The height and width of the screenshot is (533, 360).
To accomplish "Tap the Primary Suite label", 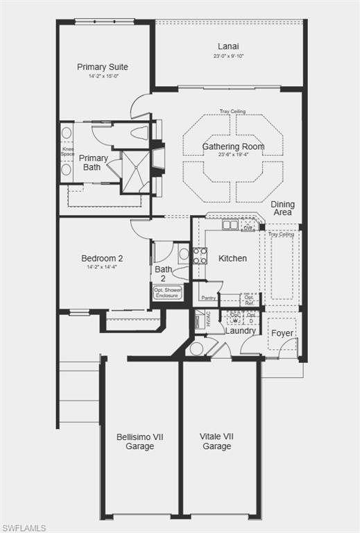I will pyautogui.click(x=103, y=67).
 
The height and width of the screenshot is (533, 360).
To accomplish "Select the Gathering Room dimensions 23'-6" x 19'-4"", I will pyautogui.click(x=233, y=155).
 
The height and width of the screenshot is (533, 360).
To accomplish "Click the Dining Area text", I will pyautogui.click(x=282, y=208).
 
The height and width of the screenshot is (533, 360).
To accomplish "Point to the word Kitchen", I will pyautogui.click(x=232, y=258).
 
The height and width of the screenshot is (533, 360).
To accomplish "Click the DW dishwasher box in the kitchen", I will pyautogui.click(x=248, y=226).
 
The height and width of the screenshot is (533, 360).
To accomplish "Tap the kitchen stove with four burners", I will pyautogui.click(x=200, y=255).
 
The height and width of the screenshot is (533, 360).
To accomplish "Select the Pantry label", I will pyautogui.click(x=209, y=298).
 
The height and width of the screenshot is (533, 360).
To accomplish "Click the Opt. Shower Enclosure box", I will pyautogui.click(x=167, y=292).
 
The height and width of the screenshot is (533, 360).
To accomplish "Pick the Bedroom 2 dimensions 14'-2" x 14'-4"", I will pyautogui.click(x=102, y=266).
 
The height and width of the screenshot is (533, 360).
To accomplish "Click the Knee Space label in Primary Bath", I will pyautogui.click(x=67, y=151).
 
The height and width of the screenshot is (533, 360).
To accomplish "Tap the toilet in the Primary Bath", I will pyautogui.click(x=139, y=133).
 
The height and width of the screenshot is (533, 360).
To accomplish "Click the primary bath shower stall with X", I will pyautogui.click(x=135, y=171).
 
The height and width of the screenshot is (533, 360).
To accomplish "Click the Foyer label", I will pyautogui.click(x=282, y=333).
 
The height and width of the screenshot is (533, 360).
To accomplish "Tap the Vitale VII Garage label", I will pyautogui.click(x=217, y=441).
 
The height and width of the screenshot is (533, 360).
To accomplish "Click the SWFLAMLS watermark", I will pyautogui.click(x=24, y=527).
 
